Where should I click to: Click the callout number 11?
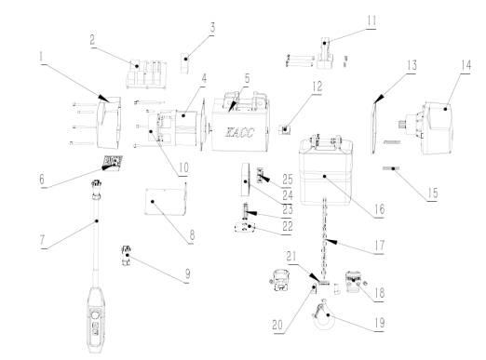pyautogui.click(x=371, y=21)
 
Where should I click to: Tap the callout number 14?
pyautogui.click(x=466, y=65)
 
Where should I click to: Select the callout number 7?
pyautogui.click(x=42, y=240)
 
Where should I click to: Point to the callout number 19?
pyautogui.click(x=380, y=323)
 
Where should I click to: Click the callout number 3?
pyautogui.click(x=212, y=27)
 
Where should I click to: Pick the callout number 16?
pyautogui.click(x=380, y=209)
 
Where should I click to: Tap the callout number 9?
pyautogui.click(x=187, y=273)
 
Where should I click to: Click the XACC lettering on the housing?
pyautogui.click(x=239, y=132)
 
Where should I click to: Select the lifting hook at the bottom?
pyautogui.click(x=324, y=315)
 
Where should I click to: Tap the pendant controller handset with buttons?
pyautogui.click(x=96, y=319)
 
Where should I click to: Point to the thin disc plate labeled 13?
pyautogui.click(x=374, y=127)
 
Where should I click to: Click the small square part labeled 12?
pyautogui.click(x=284, y=129)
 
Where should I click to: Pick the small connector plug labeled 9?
pyautogui.click(x=126, y=255)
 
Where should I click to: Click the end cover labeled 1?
pyautogui.click(x=109, y=123)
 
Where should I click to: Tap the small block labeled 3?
pyautogui.click(x=185, y=63)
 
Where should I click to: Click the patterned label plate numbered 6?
pyautogui.click(x=113, y=163)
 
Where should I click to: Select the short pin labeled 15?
pyautogui.click(x=391, y=168)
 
